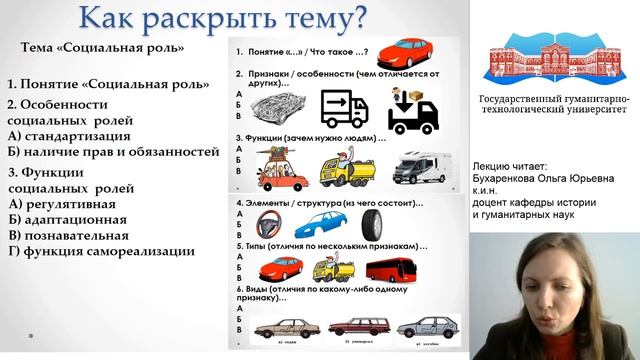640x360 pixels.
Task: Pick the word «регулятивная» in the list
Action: pos(77,203)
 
